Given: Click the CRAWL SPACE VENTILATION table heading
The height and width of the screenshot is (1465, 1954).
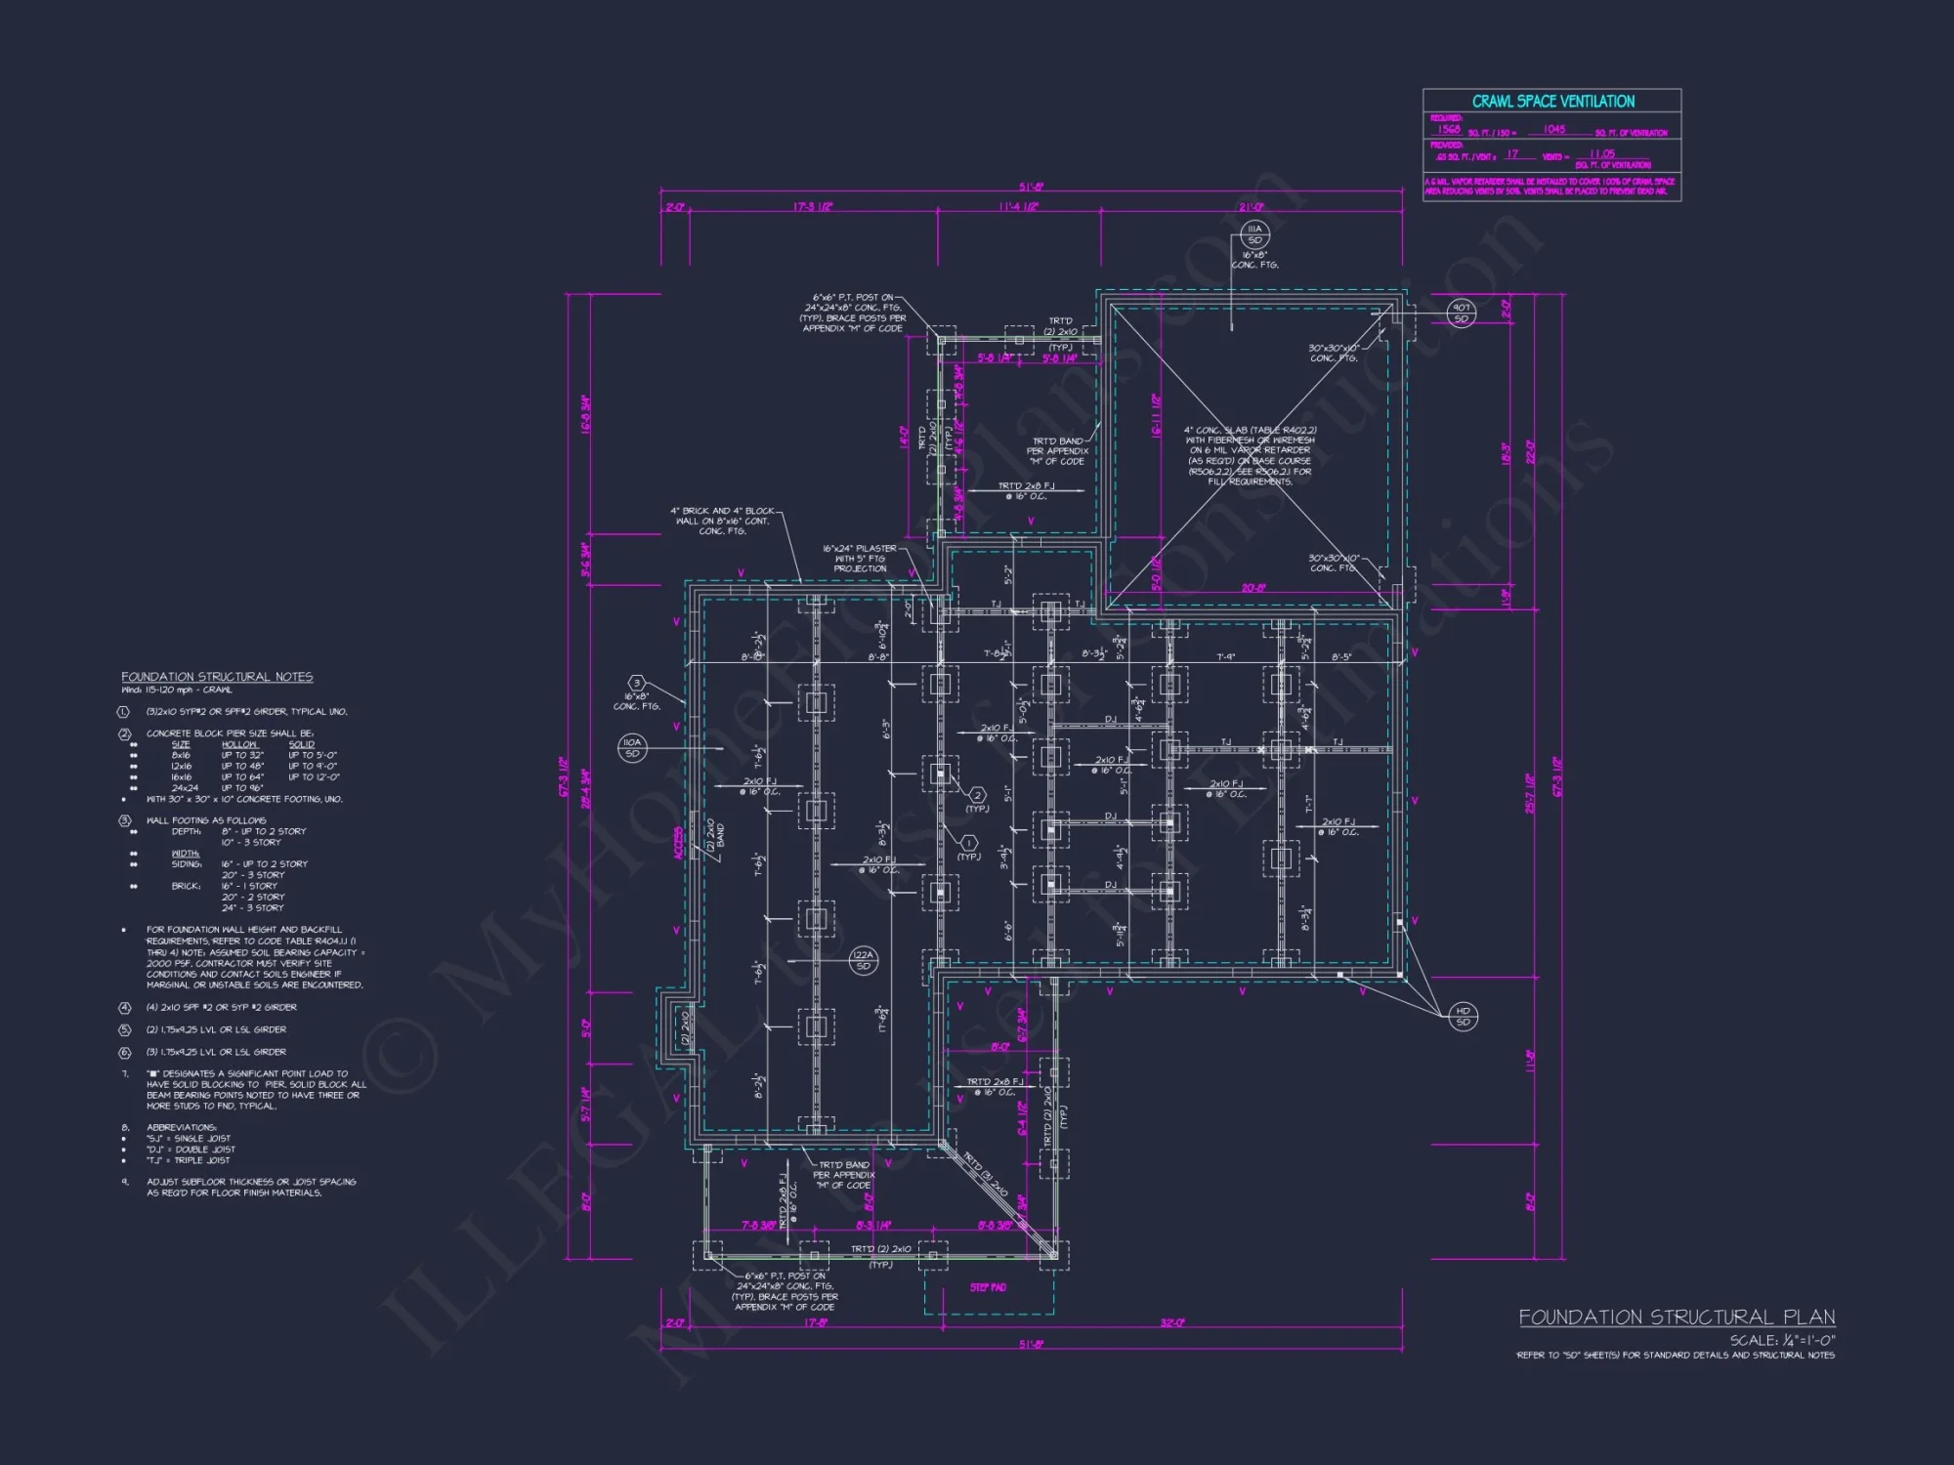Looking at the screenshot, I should [x=1552, y=102].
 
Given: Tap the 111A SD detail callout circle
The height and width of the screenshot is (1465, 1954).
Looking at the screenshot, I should [x=1254, y=234].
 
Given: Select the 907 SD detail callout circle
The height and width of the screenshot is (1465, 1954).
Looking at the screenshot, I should [x=1461, y=313].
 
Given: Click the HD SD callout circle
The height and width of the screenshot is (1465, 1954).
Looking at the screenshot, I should [x=1463, y=1016].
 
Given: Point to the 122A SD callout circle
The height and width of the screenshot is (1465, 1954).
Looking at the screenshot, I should [x=863, y=960].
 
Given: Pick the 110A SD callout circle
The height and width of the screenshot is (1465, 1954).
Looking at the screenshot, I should [x=632, y=748].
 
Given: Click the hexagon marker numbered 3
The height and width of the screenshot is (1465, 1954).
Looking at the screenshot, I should [x=637, y=684].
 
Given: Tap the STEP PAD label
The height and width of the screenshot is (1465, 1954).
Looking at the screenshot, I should [x=988, y=1287].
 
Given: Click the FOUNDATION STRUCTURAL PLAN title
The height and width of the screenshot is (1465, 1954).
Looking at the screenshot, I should [x=1677, y=1318].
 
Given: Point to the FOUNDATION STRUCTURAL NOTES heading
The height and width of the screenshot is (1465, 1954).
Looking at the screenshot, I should [x=217, y=677].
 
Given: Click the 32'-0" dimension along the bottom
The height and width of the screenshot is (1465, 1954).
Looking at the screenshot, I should [x=1172, y=1322].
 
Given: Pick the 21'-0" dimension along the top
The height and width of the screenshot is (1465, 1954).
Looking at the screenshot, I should [x=1251, y=207].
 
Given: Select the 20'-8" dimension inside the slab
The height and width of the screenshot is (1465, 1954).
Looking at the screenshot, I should [x=1253, y=588].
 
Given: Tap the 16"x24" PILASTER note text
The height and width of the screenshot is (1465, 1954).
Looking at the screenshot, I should [x=860, y=558].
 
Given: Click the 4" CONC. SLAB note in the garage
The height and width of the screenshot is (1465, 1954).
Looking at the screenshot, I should [x=1250, y=455].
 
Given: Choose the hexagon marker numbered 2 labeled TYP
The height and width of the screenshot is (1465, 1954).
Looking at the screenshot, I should [x=977, y=795].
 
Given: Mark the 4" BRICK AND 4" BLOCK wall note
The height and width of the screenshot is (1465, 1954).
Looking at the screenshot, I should [x=723, y=521].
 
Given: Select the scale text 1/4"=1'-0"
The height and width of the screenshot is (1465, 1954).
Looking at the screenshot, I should [x=1782, y=1340].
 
